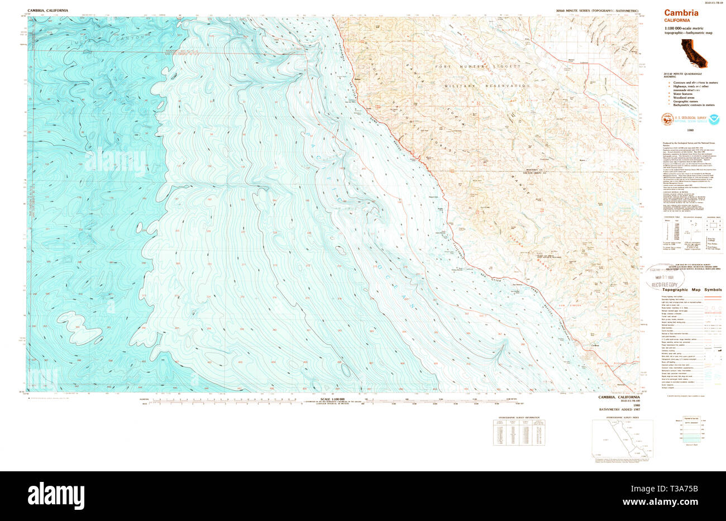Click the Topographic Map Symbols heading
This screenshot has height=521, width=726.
[x=692, y=290]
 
